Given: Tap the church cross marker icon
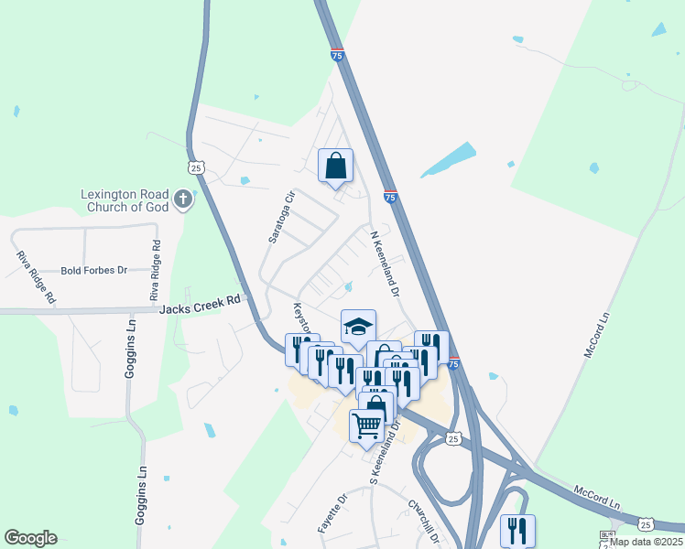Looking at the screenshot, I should coord(183,199).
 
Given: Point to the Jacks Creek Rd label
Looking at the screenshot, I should coord(203,301).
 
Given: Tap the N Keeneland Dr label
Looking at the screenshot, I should coord(385,264).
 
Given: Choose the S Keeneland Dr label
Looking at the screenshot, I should coord(385,453).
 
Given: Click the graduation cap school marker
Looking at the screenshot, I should coord(359,326).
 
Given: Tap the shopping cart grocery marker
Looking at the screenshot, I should coord(366,425).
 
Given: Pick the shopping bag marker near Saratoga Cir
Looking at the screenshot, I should coord(335,166).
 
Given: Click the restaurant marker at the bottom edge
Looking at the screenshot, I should coord(517,530).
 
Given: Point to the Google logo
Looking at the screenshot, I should coord(30,538).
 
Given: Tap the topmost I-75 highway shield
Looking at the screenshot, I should coord(337,54).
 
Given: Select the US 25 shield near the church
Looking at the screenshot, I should coord(195,167).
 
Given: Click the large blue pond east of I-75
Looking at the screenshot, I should coord(449,159).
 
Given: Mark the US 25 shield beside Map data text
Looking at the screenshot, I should coord(646,525).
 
